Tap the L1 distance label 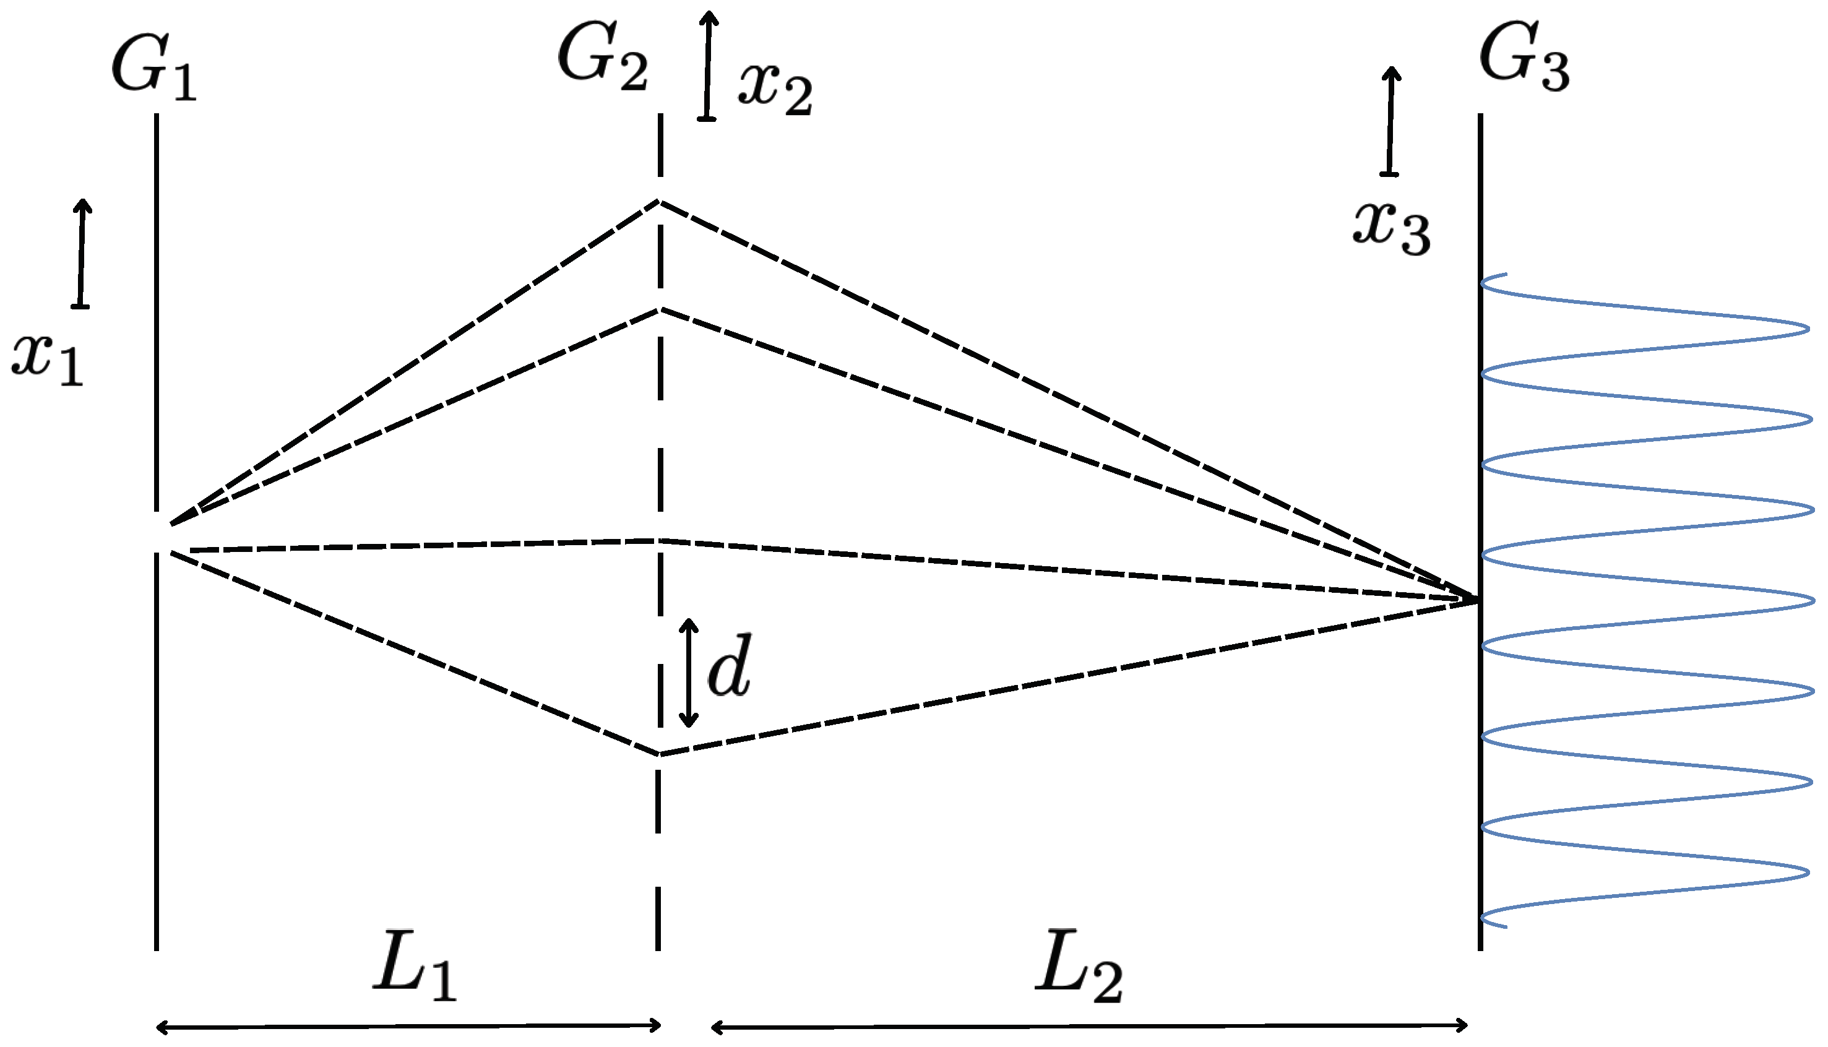tap(415, 965)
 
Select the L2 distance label tap(1079, 966)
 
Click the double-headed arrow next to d tap(689, 673)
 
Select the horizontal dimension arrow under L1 tap(408, 1026)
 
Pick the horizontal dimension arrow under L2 tap(1089, 1026)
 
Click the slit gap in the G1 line tap(156, 532)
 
